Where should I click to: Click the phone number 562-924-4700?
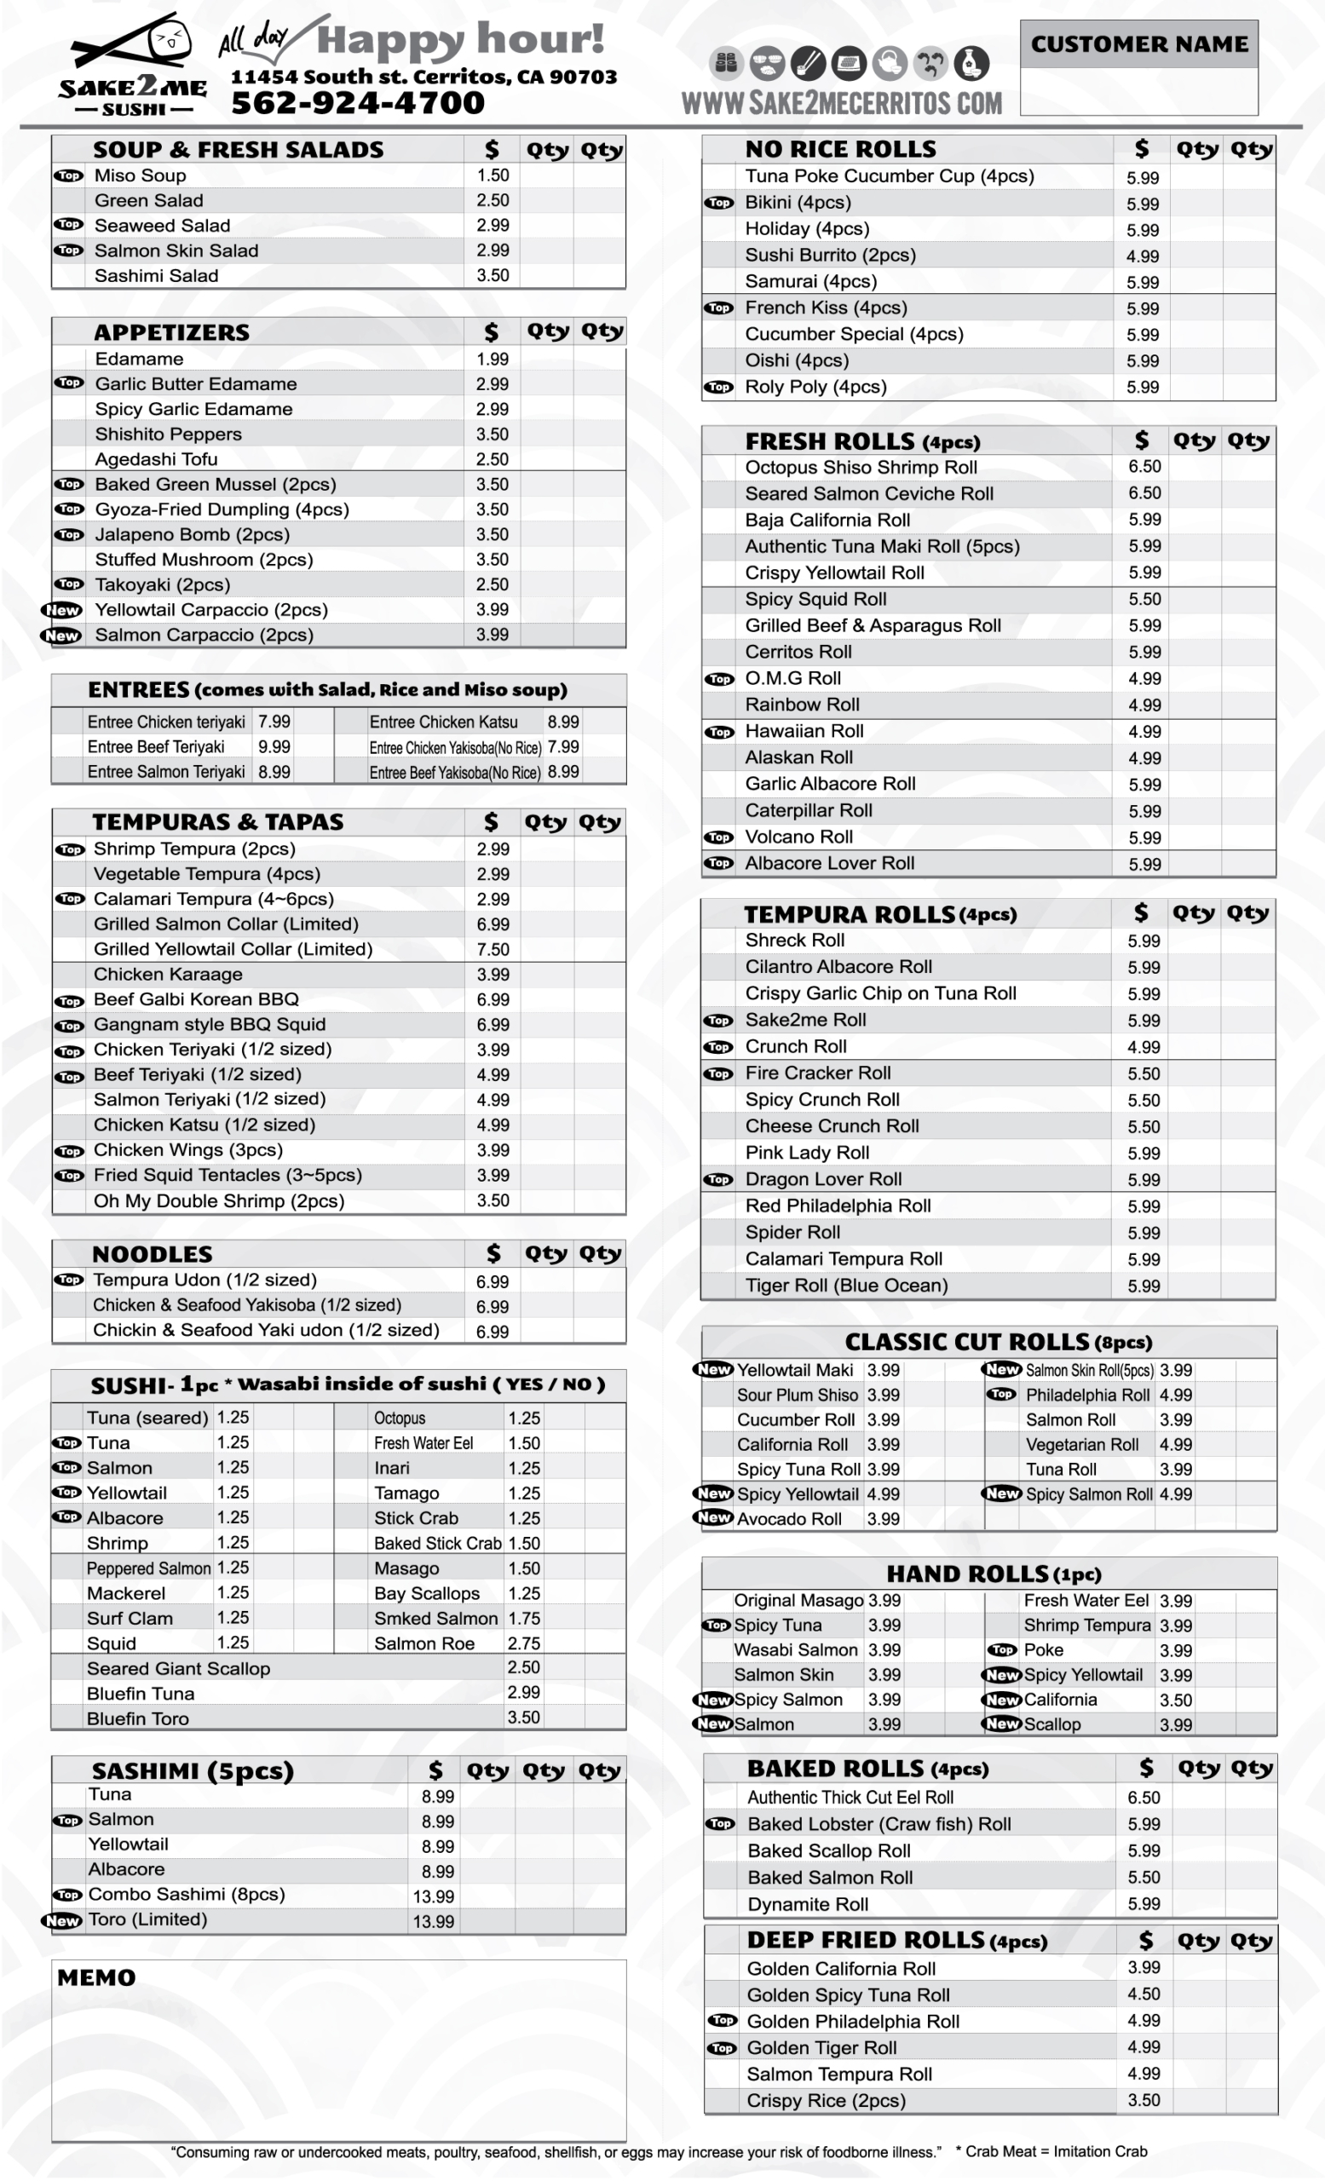pos(358,103)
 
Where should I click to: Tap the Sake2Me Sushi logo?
pos(133,66)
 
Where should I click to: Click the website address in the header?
pos(841,103)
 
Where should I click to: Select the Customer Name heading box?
pos(1138,44)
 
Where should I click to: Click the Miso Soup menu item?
pos(140,176)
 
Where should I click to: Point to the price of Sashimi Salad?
pos(493,275)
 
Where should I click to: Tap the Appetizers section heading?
pos(172,333)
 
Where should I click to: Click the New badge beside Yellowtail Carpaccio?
pos(63,610)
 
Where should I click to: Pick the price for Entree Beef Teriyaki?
pos(274,746)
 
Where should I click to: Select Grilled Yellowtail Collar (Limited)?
pos(233,949)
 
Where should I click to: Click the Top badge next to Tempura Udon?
pos(69,1280)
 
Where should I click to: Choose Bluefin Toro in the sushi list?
pos(138,1718)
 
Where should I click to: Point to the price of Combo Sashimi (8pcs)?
pos(434,1896)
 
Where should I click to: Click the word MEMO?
pos(96,1977)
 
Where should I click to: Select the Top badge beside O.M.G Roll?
pos(718,679)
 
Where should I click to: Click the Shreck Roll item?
pos(794,940)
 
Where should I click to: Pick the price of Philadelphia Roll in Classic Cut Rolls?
pos(1175,1395)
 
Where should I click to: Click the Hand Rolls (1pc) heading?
pos(993,1574)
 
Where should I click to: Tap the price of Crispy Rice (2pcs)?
pos(1144,2099)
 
